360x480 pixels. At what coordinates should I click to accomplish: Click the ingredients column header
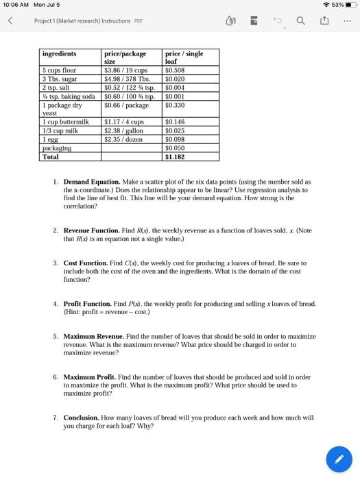(60, 53)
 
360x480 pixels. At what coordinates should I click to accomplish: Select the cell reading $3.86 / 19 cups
(125, 70)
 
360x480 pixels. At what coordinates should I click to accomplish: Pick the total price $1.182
(176, 156)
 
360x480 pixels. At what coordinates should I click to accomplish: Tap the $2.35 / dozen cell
(123, 139)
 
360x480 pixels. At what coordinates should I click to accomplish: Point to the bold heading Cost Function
(85, 263)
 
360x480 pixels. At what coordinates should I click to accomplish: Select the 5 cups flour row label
(60, 70)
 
